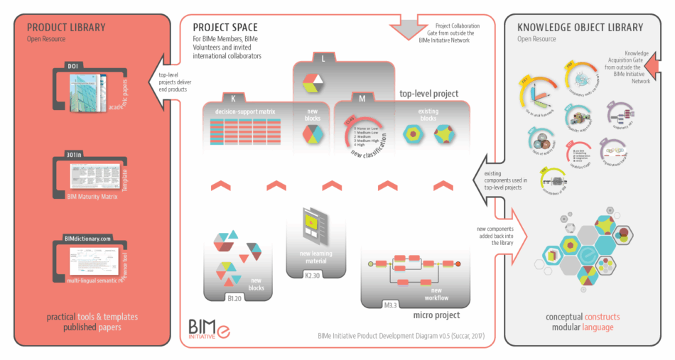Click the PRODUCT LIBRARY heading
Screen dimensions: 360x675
click(x=66, y=28)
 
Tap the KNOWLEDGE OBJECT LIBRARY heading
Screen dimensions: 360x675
click(x=580, y=28)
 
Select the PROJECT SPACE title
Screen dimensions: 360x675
click(x=225, y=28)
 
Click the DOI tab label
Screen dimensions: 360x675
click(x=72, y=66)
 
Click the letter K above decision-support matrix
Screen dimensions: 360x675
click(x=233, y=98)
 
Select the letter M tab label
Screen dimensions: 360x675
click(x=362, y=98)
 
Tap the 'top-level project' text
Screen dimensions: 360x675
click(x=428, y=93)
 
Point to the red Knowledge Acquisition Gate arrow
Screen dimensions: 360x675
click(x=657, y=65)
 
